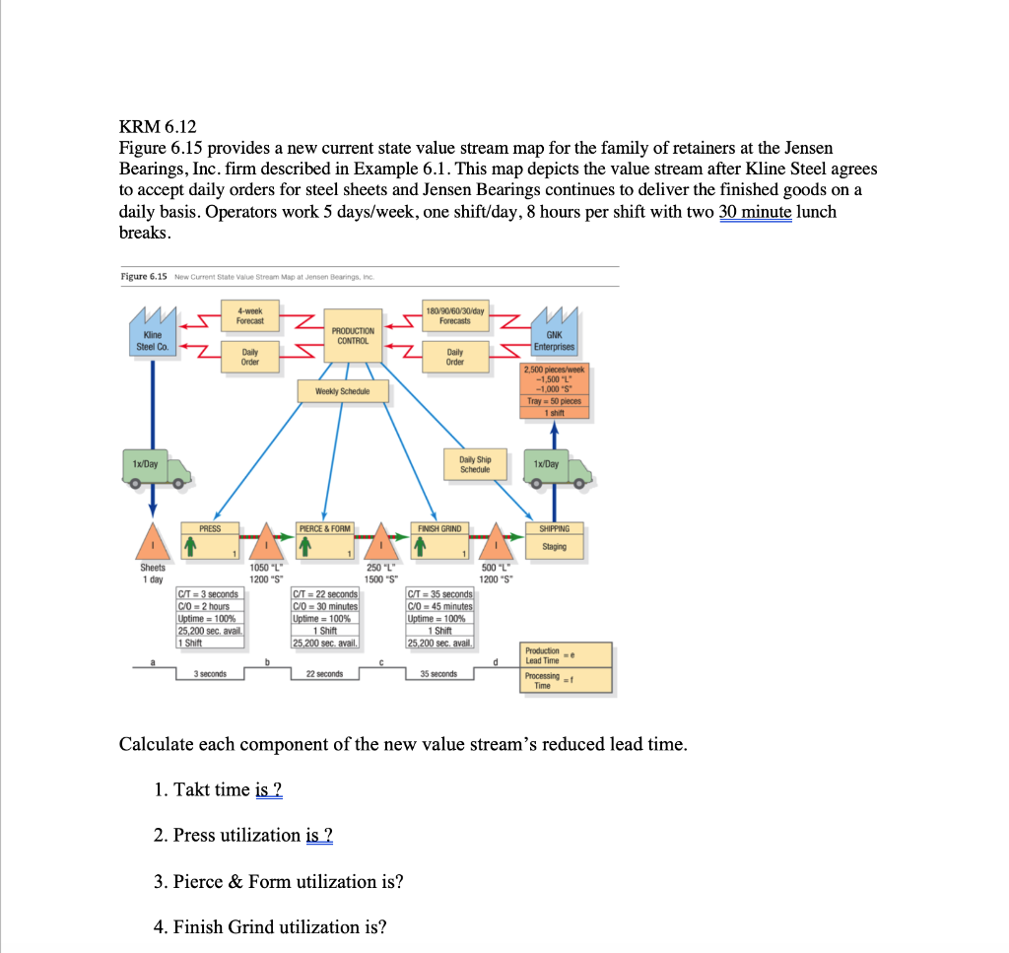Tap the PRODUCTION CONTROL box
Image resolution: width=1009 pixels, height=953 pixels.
click(353, 336)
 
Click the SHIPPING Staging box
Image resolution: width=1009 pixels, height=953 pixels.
click(554, 538)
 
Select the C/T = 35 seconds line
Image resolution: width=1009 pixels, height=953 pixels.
click(440, 594)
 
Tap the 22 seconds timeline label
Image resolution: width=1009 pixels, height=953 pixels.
click(324, 674)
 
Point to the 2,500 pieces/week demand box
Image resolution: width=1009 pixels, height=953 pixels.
click(554, 390)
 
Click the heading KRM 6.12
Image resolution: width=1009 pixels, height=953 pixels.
click(158, 126)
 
